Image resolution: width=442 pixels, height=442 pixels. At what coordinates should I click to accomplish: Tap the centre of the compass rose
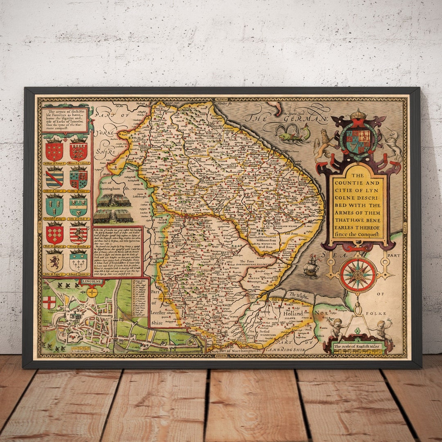coord(358,275)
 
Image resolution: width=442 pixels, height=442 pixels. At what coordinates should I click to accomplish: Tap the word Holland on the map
coord(293,313)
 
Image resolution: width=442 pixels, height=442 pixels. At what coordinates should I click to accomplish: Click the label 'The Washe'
coord(298,295)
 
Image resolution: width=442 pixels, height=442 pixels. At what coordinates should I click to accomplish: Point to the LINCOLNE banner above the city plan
coord(92,282)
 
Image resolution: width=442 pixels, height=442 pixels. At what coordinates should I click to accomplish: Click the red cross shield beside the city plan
coord(49,302)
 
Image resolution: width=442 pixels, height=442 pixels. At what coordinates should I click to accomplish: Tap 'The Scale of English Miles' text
coord(357,347)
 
